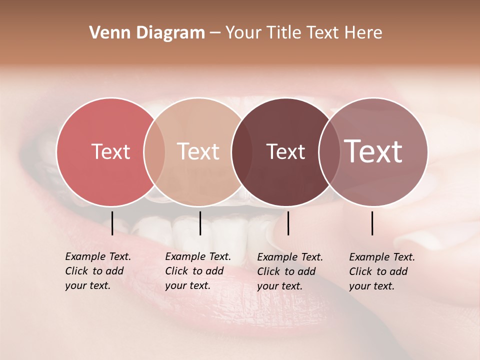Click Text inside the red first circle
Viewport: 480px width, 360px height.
[x=110, y=151]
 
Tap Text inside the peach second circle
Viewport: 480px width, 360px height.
[x=198, y=151]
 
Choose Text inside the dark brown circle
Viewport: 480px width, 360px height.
[x=285, y=151]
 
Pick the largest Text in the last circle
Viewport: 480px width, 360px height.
[x=373, y=151]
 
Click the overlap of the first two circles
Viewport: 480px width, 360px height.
[x=154, y=151]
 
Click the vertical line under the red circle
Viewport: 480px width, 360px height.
[x=112, y=223]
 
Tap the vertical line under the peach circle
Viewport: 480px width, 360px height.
[x=200, y=223]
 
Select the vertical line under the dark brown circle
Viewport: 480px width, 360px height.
[x=288, y=223]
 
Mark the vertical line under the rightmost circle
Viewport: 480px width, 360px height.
[x=372, y=223]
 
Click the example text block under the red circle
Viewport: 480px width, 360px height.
[x=98, y=271]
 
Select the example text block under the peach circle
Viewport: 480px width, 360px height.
[x=198, y=271]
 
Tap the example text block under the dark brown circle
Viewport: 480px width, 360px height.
[x=290, y=271]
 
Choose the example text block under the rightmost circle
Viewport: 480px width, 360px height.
[x=382, y=271]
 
